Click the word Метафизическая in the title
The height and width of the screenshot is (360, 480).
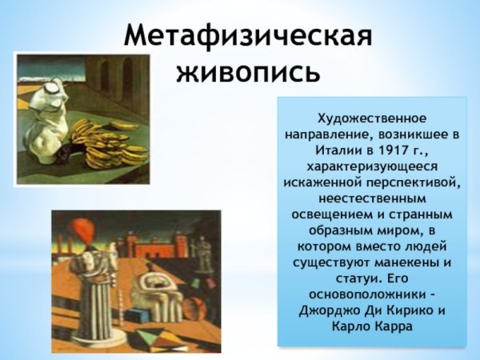249,35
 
